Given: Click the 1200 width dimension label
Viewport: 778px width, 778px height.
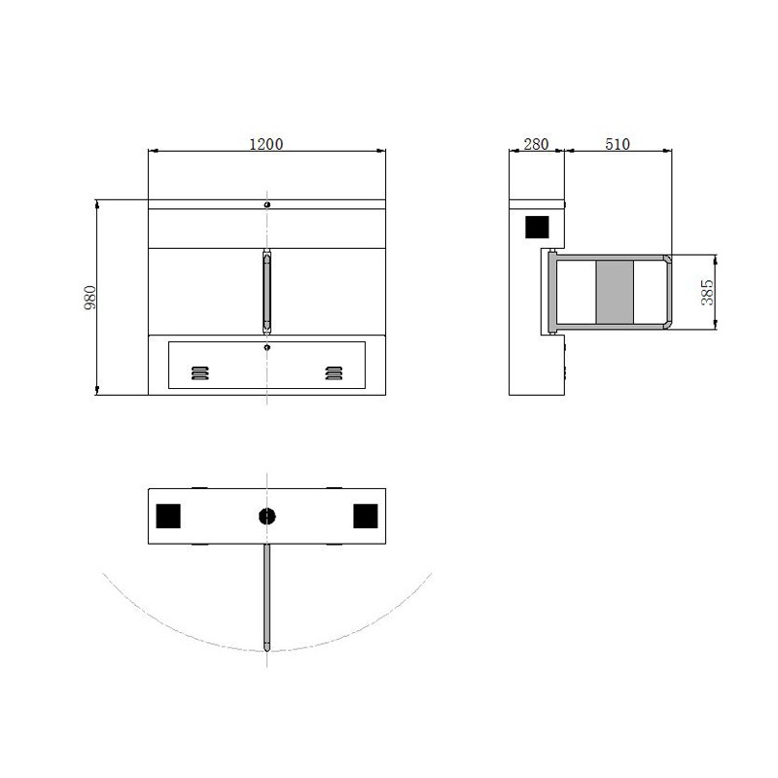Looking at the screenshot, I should pos(266,144).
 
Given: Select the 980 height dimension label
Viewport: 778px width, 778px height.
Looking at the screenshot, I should pos(89,297).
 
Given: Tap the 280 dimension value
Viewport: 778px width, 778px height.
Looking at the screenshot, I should pos(536,144).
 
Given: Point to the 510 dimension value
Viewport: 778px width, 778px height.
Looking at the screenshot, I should pos(618,144).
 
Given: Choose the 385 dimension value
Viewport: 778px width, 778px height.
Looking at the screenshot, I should pos(708,292).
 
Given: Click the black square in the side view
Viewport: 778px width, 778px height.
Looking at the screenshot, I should pos(537,227).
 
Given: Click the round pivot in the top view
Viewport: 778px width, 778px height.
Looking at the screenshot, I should pos(267,516).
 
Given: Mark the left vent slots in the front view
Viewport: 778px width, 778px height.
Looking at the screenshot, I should pos(199,372).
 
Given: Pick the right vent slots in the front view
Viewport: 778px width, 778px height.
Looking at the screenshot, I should pos(335,372).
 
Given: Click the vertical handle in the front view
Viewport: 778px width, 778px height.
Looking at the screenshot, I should pos(266,290).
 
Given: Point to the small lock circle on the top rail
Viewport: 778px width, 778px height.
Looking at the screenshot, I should pos(267,204).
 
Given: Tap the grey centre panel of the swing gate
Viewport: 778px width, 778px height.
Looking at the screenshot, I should pos(614,292).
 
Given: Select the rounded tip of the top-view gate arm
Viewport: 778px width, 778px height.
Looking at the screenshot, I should pos(266,646).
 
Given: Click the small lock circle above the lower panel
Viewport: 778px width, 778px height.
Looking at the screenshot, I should pos(267,344).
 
